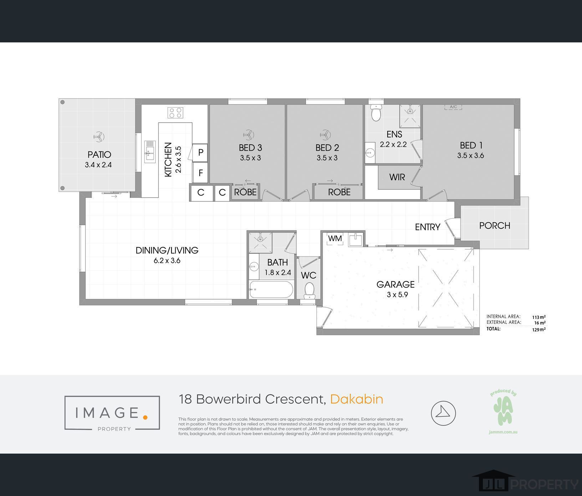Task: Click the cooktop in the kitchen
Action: click(x=175, y=113)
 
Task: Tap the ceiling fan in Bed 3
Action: click(x=249, y=134)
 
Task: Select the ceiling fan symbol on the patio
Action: click(x=99, y=136)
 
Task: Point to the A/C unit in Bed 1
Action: click(x=453, y=107)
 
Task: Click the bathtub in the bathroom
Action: click(x=271, y=289)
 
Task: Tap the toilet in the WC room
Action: click(x=309, y=290)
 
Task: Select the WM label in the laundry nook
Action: click(x=335, y=238)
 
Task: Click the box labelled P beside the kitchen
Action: click(x=200, y=153)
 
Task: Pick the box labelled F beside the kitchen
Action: click(x=200, y=173)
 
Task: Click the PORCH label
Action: click(x=494, y=226)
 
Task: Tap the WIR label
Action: click(x=397, y=177)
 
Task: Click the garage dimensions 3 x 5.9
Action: click(x=397, y=295)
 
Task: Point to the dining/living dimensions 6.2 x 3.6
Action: click(x=167, y=260)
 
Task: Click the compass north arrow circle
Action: click(x=443, y=413)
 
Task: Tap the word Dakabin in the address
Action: click(x=356, y=399)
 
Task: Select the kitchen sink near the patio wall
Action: click(x=150, y=151)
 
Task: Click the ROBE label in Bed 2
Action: click(x=339, y=192)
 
